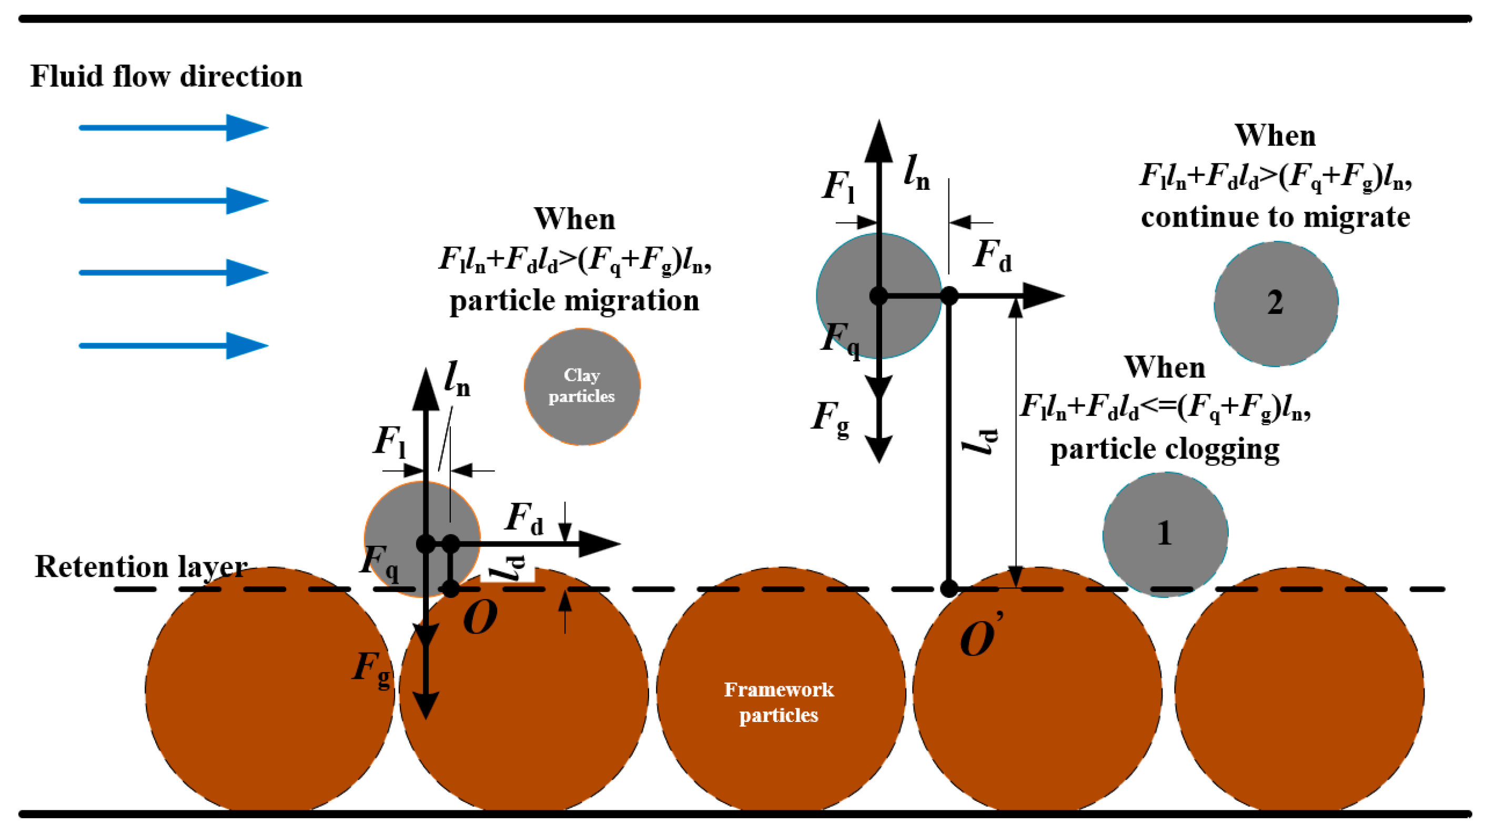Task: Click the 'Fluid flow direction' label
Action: [166, 77]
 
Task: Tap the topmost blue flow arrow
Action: [173, 127]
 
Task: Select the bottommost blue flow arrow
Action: [173, 345]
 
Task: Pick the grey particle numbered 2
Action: [1276, 303]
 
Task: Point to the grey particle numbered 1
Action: [1165, 534]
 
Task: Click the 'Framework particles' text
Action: [779, 702]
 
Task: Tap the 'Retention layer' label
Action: [141, 566]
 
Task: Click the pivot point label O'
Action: [980, 637]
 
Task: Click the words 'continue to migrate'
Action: [1276, 218]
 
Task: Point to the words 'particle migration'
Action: [574, 300]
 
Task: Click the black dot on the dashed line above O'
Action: [949, 588]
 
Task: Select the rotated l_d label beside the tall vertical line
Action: [980, 441]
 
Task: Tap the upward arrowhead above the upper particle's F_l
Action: [878, 141]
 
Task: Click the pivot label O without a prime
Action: [480, 618]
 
